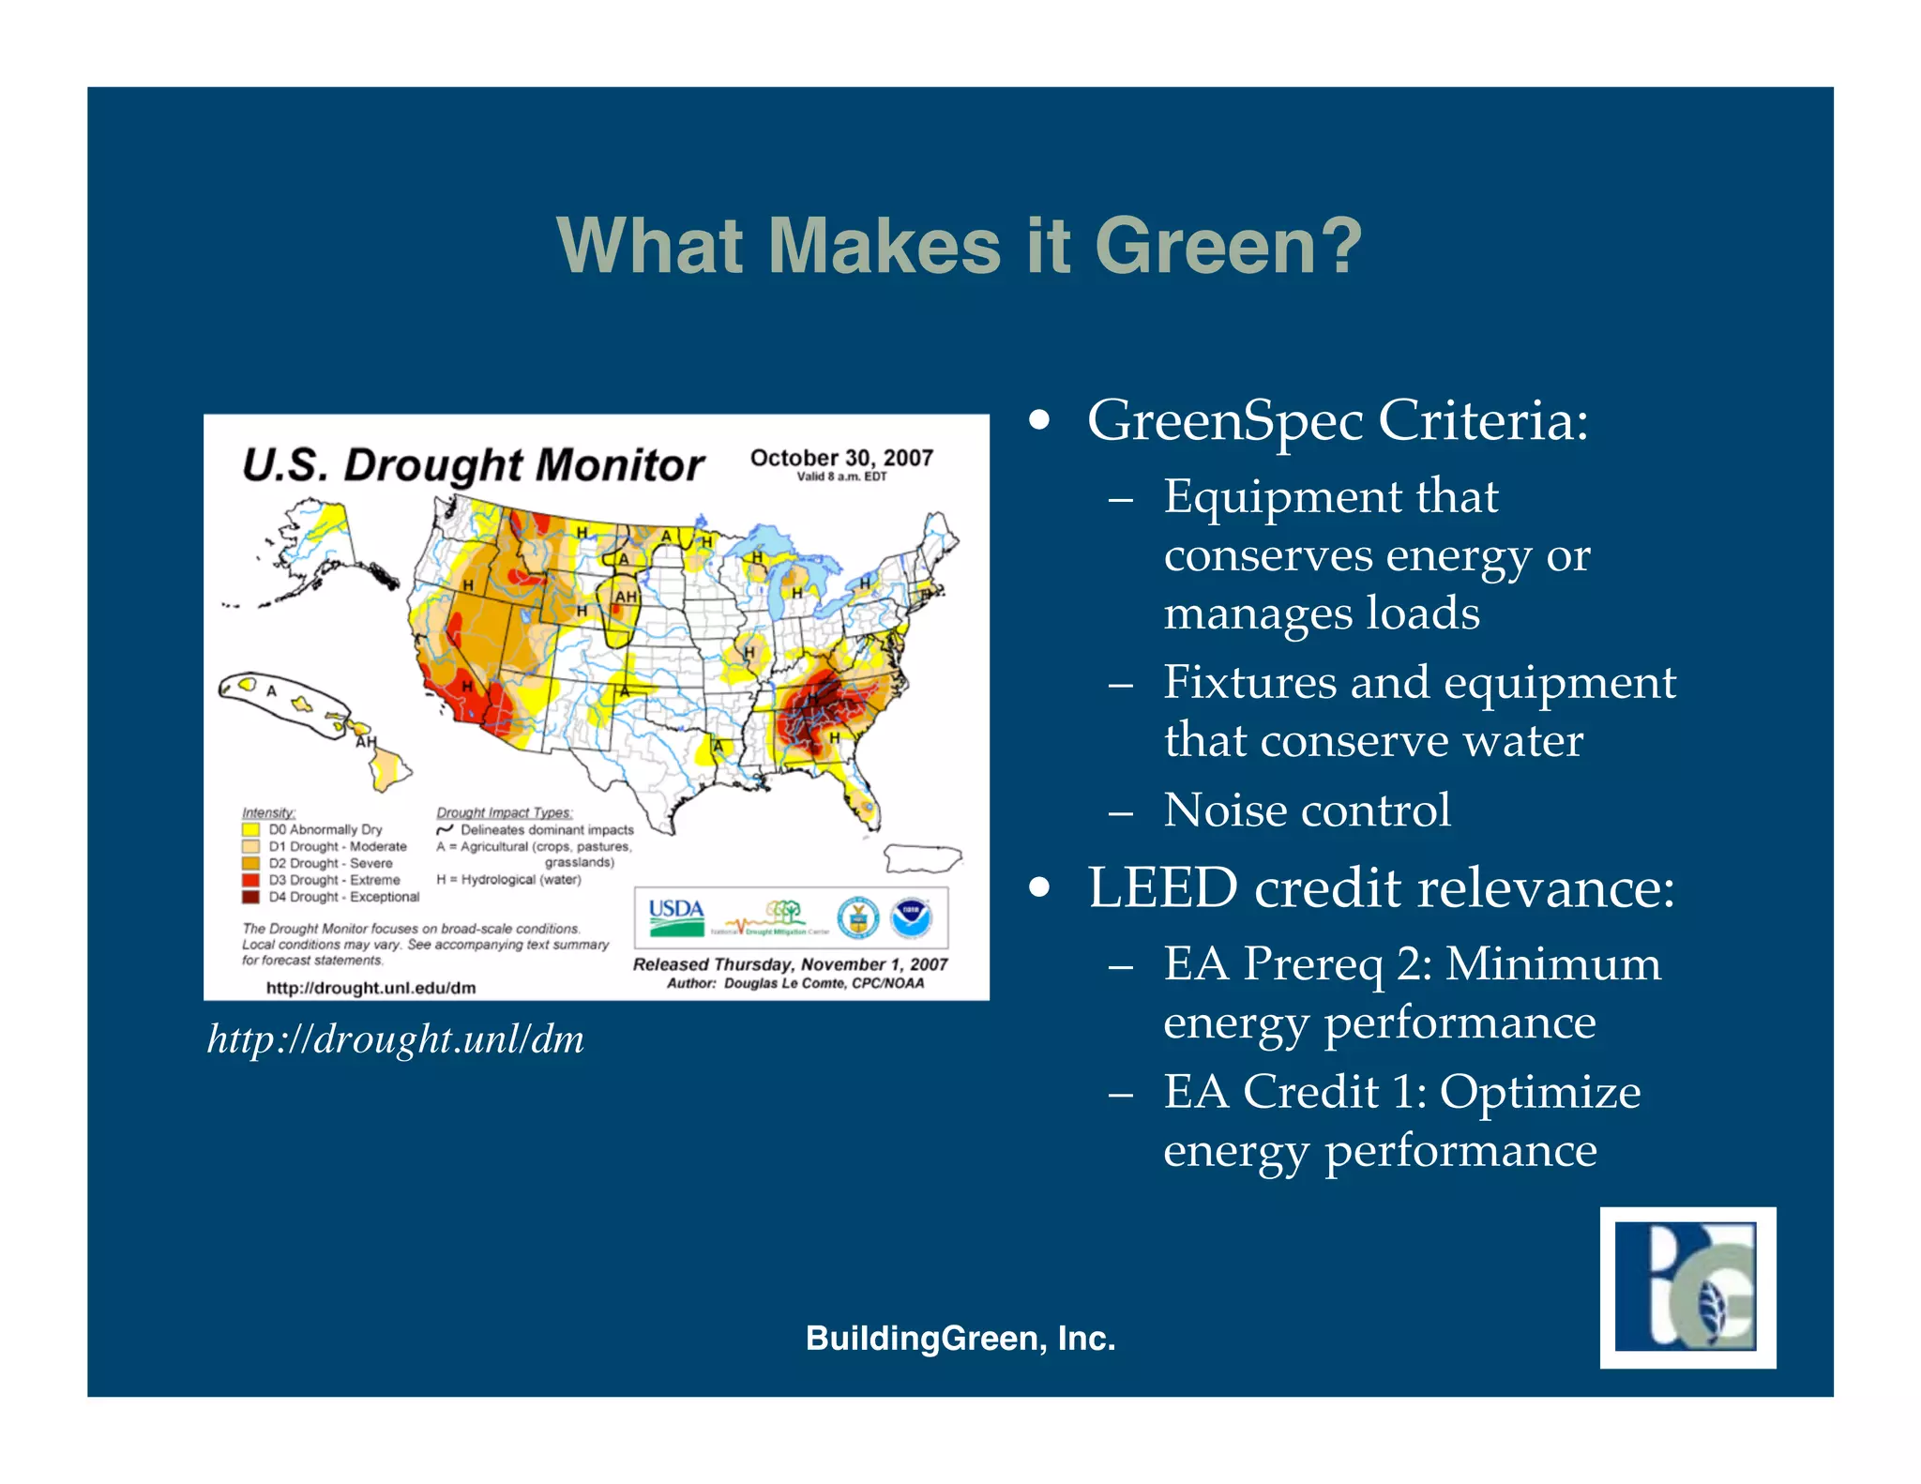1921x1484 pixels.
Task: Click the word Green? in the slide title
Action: coord(1228,246)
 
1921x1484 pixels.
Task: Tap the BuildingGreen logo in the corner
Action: coord(1687,1287)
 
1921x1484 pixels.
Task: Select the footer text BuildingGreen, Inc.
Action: coord(960,1338)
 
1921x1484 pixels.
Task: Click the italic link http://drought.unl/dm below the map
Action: coord(395,1039)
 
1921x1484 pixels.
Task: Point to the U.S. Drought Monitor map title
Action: coord(473,465)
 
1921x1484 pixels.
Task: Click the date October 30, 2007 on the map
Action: coord(841,458)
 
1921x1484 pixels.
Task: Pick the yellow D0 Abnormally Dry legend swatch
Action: coord(250,829)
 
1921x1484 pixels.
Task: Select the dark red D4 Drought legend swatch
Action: coord(250,897)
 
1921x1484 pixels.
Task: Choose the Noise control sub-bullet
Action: coord(1307,810)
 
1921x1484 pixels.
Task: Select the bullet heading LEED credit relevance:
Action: coord(1381,886)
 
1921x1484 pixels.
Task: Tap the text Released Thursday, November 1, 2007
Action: coord(790,964)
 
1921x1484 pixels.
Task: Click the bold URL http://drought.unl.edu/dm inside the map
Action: coord(371,988)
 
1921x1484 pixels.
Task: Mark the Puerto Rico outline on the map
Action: coord(923,857)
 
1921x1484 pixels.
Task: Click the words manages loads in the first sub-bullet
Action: coord(1322,613)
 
